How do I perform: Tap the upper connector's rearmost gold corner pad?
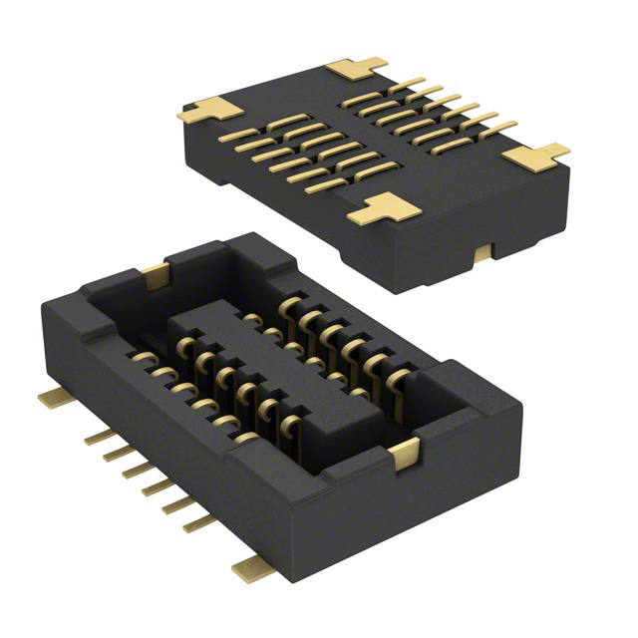355,69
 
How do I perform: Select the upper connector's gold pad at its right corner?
536,157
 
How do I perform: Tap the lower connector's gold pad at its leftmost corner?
56,399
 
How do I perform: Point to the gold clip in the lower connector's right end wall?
405,455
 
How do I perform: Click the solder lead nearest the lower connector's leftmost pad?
100,437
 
